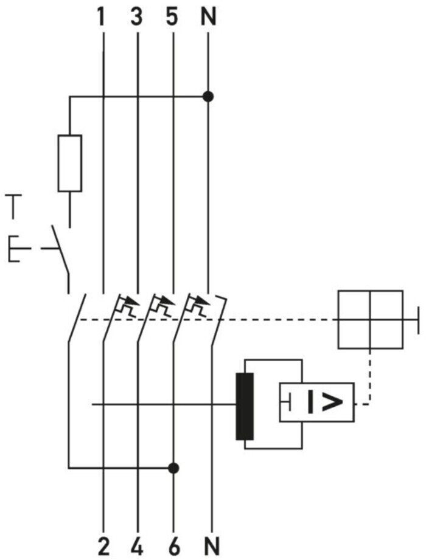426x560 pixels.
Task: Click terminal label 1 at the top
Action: pyautogui.click(x=102, y=18)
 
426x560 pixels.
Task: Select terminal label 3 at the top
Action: pyautogui.click(x=136, y=18)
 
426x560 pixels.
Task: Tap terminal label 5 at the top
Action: pyautogui.click(x=172, y=18)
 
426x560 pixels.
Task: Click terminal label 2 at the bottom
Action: pyautogui.click(x=103, y=547)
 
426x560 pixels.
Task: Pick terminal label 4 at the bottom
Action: pyautogui.click(x=138, y=547)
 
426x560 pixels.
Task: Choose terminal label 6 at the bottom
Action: pyautogui.click(x=173, y=547)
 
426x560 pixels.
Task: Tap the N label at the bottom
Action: pyautogui.click(x=212, y=547)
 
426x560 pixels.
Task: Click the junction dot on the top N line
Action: pyautogui.click(x=208, y=97)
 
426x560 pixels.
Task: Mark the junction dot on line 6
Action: pyautogui.click(x=173, y=468)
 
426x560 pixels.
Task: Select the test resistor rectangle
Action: pyautogui.click(x=70, y=163)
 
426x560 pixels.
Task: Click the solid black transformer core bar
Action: pyautogui.click(x=245, y=406)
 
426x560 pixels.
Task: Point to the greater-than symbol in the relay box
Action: pyautogui.click(x=332, y=402)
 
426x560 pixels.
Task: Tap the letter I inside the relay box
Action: pyautogui.click(x=310, y=402)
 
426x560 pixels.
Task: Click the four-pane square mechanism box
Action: pyautogui.click(x=371, y=319)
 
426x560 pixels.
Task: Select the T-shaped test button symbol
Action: pyautogui.click(x=13, y=207)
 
